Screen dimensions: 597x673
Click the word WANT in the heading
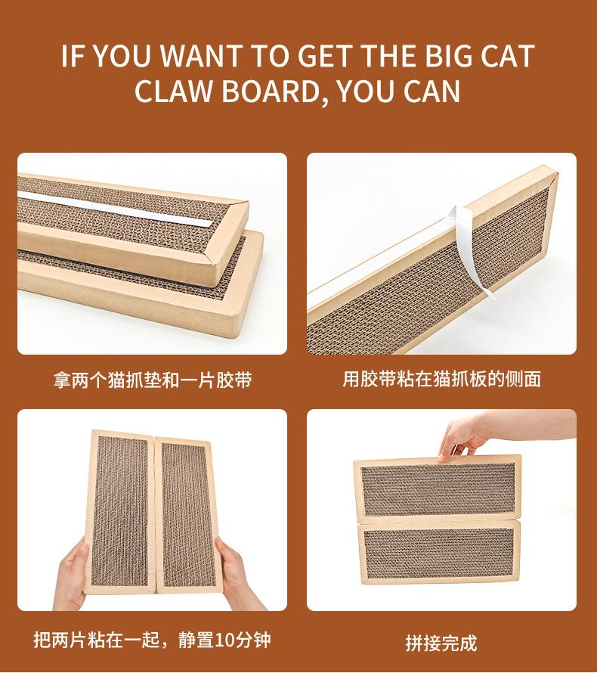tap(201, 56)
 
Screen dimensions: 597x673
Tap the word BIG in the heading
tap(449, 56)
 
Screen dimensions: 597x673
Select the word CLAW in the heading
tap(175, 91)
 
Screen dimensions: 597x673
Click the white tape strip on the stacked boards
tap(115, 209)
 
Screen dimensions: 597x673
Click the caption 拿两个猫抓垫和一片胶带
tap(153, 380)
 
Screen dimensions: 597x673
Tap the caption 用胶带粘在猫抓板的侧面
tap(442, 379)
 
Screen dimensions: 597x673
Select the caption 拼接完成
tap(441, 643)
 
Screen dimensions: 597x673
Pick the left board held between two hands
tap(119, 512)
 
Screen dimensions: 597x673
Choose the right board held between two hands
tap(188, 515)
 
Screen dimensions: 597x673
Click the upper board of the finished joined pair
tap(438, 488)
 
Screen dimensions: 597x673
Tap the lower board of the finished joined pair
tap(440, 551)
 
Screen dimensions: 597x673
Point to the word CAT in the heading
tap(507, 56)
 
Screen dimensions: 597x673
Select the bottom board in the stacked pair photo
tap(141, 284)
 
